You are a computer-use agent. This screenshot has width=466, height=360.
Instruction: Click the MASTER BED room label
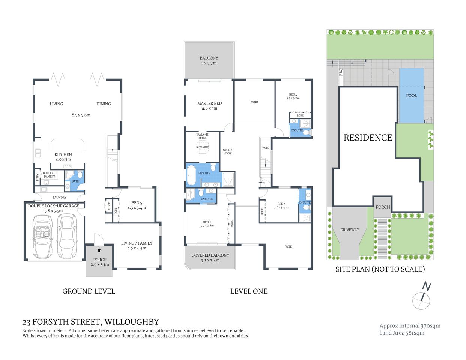(209, 105)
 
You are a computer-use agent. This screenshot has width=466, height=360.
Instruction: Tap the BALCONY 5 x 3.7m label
(209, 60)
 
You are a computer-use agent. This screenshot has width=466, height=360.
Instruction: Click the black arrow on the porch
(99, 250)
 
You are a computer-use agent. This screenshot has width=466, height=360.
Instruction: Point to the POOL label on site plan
(411, 96)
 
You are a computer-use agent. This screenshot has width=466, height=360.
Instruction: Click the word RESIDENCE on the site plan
(368, 138)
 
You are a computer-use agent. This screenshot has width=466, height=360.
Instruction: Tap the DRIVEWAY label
(349, 230)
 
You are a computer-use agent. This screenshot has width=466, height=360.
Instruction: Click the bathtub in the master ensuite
(191, 175)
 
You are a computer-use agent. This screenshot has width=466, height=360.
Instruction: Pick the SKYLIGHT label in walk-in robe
(202, 147)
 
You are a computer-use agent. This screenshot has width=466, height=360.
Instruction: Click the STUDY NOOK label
(227, 151)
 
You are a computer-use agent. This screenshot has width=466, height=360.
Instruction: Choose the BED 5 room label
(137, 205)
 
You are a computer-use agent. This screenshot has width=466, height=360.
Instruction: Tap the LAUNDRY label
(59, 197)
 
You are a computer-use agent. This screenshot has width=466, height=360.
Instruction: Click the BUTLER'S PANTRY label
(50, 175)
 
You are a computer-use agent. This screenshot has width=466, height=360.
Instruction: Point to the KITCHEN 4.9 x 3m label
(63, 157)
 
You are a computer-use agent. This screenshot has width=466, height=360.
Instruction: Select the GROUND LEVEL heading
(89, 291)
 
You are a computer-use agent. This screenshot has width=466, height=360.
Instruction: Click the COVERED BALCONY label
(210, 257)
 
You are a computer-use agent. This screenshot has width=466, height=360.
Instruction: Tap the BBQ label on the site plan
(341, 72)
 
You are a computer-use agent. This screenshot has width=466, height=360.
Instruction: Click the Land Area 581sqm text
(401, 333)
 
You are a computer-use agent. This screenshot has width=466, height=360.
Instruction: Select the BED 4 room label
(293, 96)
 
